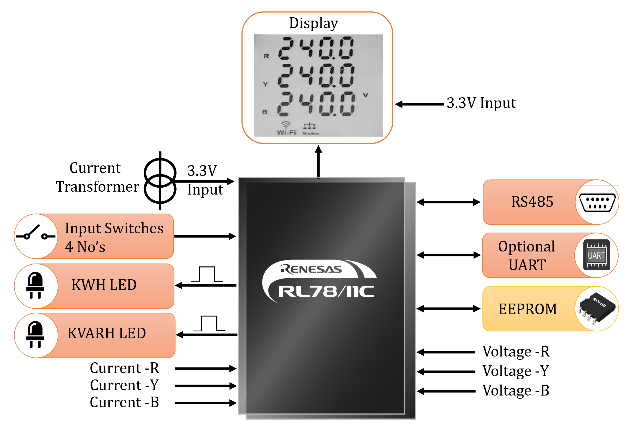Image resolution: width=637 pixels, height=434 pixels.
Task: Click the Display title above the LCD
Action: tap(313, 23)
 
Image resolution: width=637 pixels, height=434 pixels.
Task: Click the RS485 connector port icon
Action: tap(597, 203)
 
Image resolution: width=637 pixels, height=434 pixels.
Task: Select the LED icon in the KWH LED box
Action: tap(35, 285)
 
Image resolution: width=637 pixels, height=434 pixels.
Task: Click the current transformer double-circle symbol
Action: tap(160, 181)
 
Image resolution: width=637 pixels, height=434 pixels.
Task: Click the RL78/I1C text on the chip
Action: tap(326, 291)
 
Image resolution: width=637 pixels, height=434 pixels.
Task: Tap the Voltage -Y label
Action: tap(515, 371)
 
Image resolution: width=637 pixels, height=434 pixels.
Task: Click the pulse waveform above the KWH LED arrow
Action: tap(207, 274)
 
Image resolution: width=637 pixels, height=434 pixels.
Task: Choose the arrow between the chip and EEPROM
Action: tap(448, 309)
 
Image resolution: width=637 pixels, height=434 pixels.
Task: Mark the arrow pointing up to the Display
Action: tap(318, 162)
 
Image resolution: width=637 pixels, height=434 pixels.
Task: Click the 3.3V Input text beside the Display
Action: tap(481, 103)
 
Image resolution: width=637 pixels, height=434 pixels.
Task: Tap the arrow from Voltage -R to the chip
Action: tap(446, 352)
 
